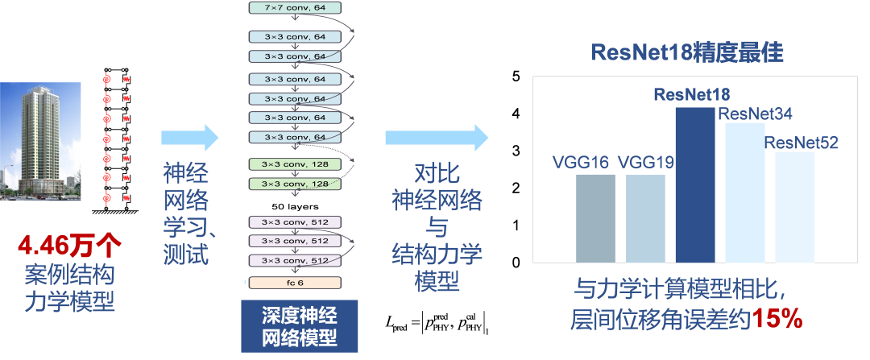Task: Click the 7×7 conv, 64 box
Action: pos(296,8)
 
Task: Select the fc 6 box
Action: pos(296,283)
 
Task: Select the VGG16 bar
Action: pos(596,218)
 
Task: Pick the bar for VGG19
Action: pos(646,218)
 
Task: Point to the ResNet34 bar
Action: pos(745,192)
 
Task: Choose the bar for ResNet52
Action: pos(795,207)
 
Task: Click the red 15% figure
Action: pos(777,320)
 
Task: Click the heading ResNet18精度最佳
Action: pos(687,53)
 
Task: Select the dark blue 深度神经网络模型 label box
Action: pos(300,325)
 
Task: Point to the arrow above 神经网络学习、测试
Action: pos(190,138)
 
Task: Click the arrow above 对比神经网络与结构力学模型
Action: pos(436,138)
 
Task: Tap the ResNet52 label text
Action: pos(802,143)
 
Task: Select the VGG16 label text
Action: pos(581,161)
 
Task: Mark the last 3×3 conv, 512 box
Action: pos(296,260)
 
